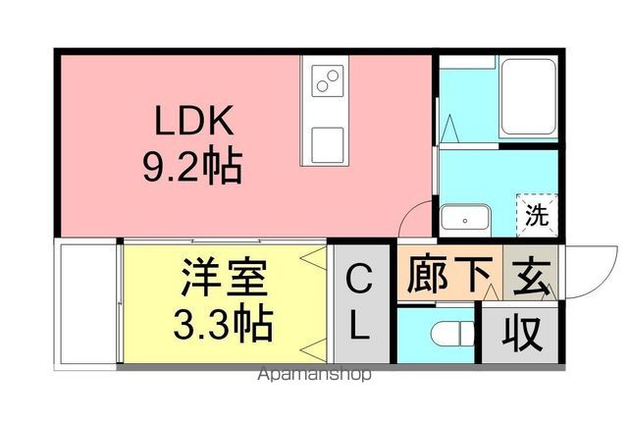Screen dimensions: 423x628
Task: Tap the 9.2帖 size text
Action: coord(193,166)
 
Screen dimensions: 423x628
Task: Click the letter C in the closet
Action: coord(360,284)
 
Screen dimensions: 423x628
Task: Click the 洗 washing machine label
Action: coord(535,216)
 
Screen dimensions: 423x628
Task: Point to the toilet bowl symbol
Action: coord(449,334)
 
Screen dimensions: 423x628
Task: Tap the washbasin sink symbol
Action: coord(464,218)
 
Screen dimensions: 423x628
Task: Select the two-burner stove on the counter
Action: coord(328,79)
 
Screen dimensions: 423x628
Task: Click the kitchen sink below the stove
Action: coord(328,143)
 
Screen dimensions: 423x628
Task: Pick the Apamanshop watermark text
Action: coord(314,374)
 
